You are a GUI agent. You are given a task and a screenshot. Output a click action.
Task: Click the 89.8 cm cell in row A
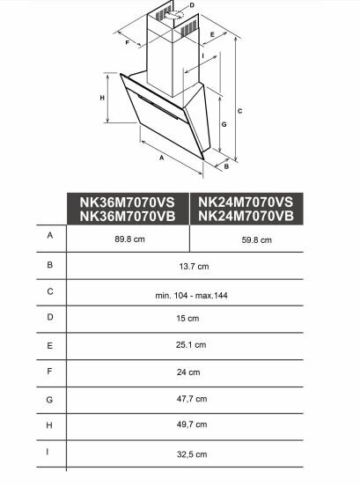click(x=128, y=239)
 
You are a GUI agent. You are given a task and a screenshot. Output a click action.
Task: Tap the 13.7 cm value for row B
click(x=191, y=266)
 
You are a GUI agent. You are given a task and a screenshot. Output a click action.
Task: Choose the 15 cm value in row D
click(x=191, y=317)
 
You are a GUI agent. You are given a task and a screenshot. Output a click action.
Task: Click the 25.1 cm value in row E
click(x=191, y=345)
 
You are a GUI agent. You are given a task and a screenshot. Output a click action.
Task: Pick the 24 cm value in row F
click(x=191, y=372)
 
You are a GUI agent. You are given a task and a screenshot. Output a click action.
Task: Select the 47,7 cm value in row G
click(x=191, y=399)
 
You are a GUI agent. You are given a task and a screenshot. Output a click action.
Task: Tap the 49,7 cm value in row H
click(x=191, y=425)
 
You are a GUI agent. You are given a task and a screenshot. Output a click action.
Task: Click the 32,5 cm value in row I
click(x=191, y=454)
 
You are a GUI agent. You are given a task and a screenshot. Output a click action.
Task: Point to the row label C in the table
click(x=50, y=291)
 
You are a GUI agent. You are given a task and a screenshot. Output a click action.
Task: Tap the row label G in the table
click(x=50, y=398)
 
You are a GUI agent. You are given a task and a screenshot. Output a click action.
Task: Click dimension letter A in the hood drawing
click(x=162, y=159)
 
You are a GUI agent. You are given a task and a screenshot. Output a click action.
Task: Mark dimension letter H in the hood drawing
click(x=102, y=98)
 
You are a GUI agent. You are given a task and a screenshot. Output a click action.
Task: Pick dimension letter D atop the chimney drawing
click(x=191, y=5)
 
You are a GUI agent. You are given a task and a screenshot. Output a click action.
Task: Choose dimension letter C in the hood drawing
click(x=240, y=110)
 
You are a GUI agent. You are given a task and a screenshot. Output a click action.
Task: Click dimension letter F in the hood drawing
click(x=127, y=42)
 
